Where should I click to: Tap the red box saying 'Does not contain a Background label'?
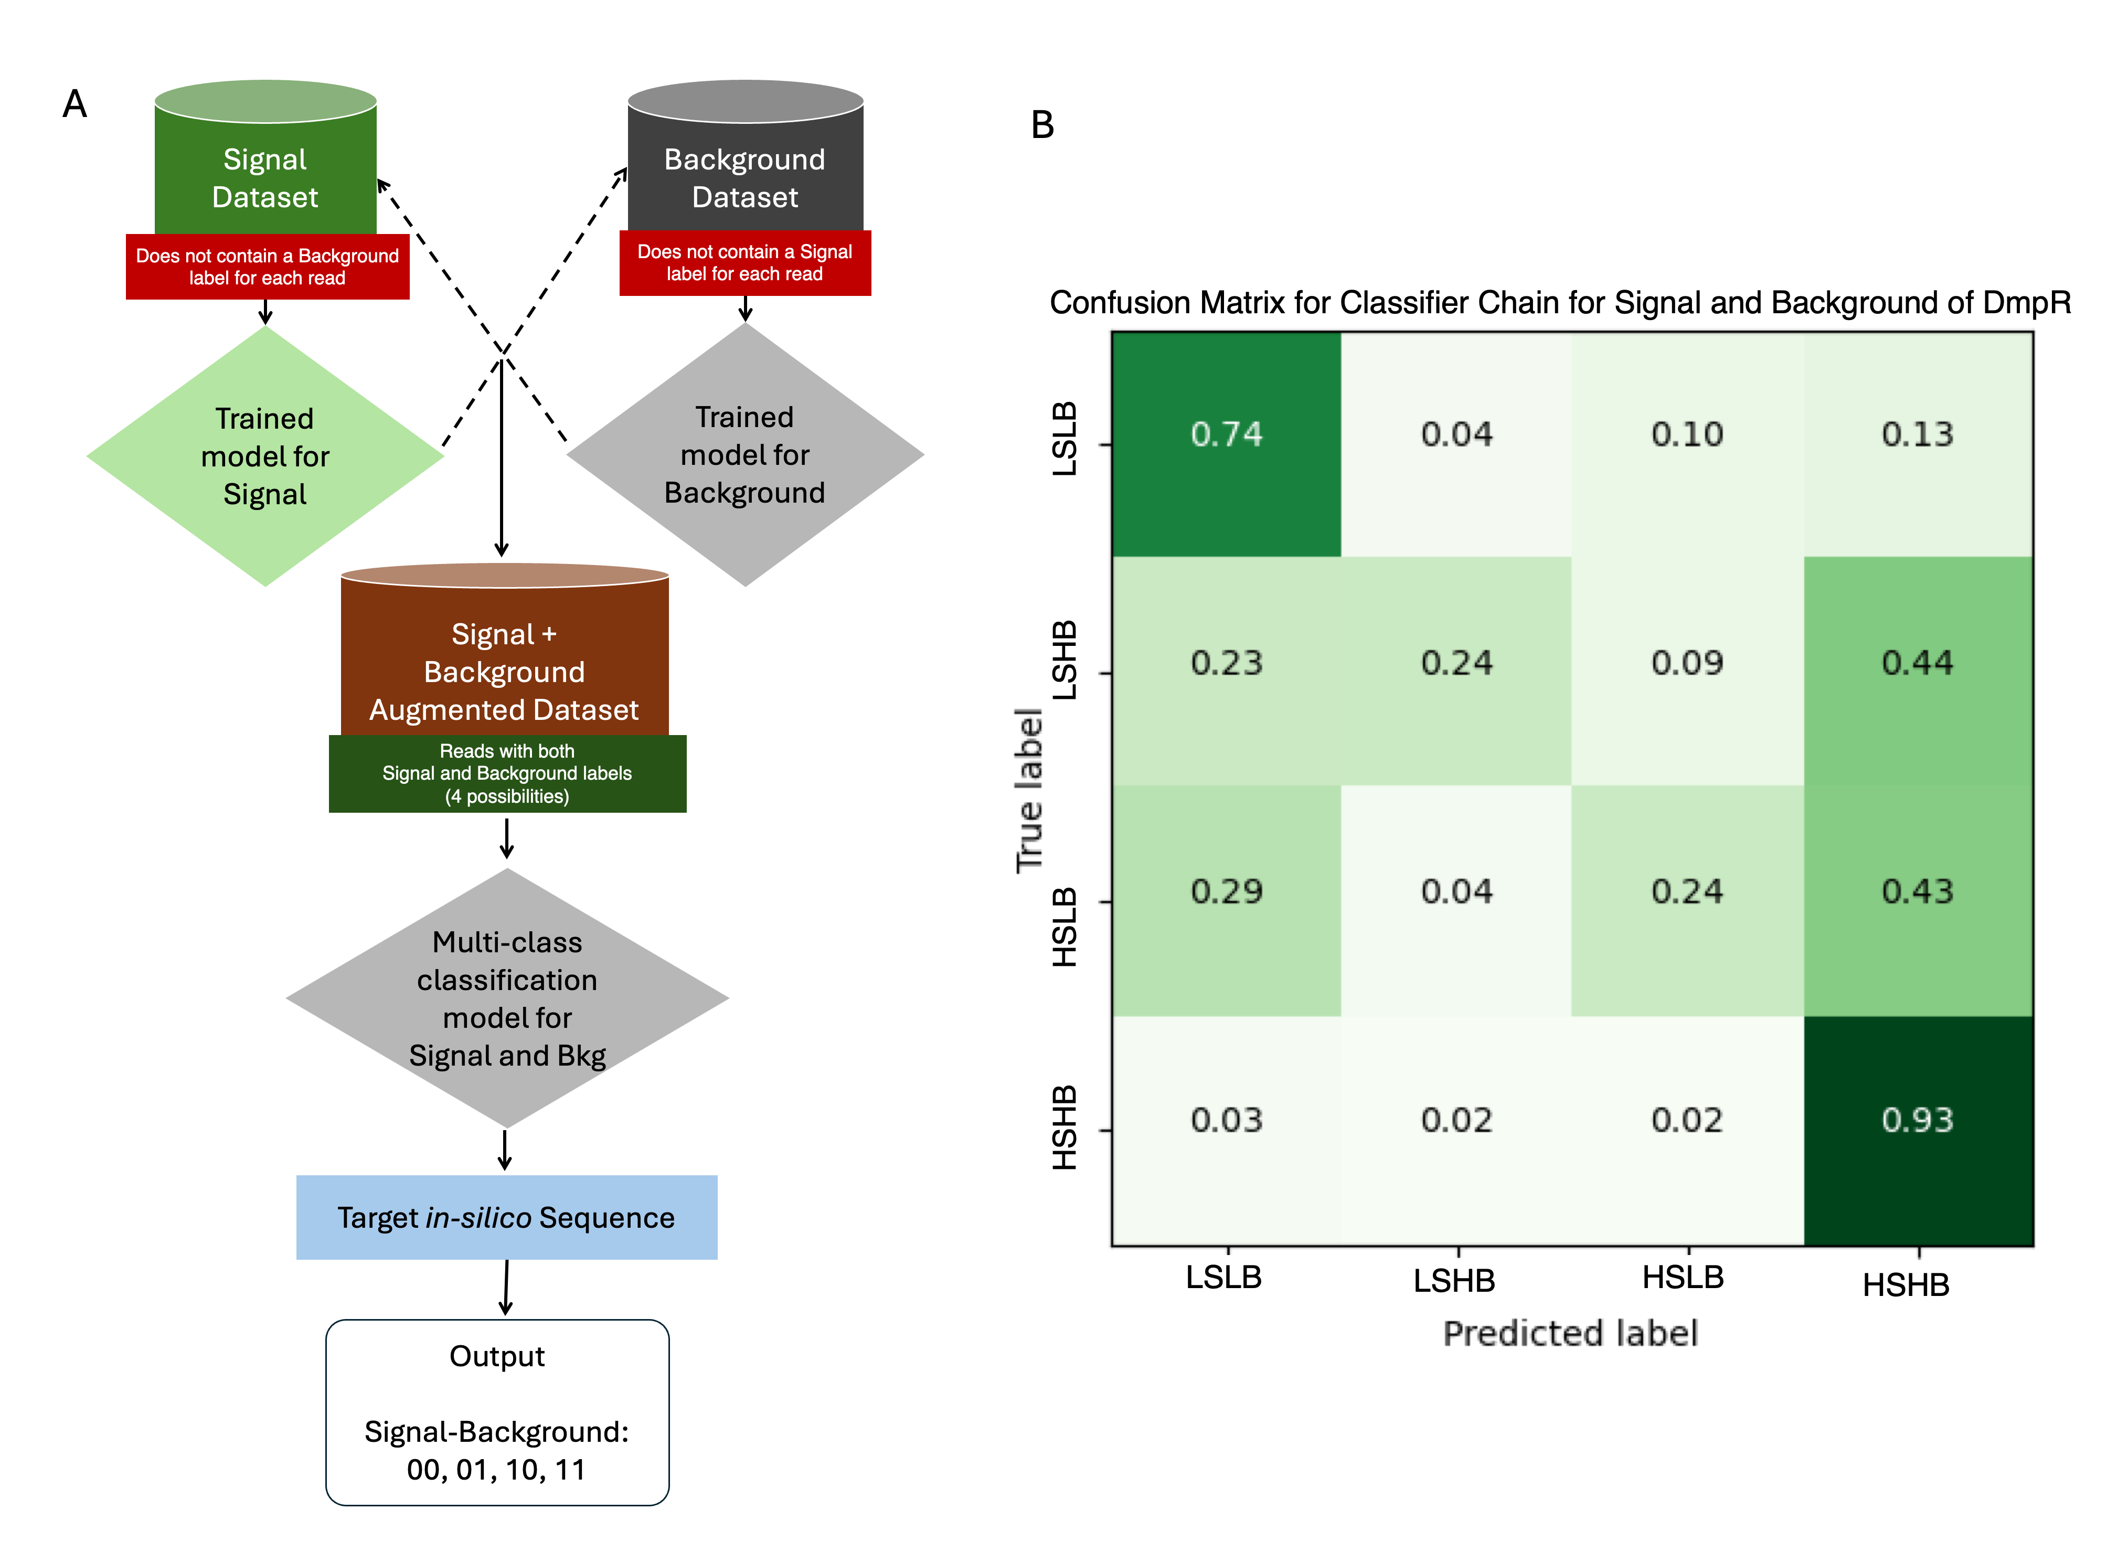pyautogui.click(x=267, y=267)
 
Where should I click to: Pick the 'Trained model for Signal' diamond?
pyautogui.click(x=265, y=456)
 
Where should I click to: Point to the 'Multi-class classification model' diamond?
pyautogui.click(x=507, y=998)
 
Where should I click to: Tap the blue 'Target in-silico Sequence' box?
pyautogui.click(x=506, y=1218)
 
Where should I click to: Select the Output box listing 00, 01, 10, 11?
pyautogui.click(x=497, y=1412)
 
